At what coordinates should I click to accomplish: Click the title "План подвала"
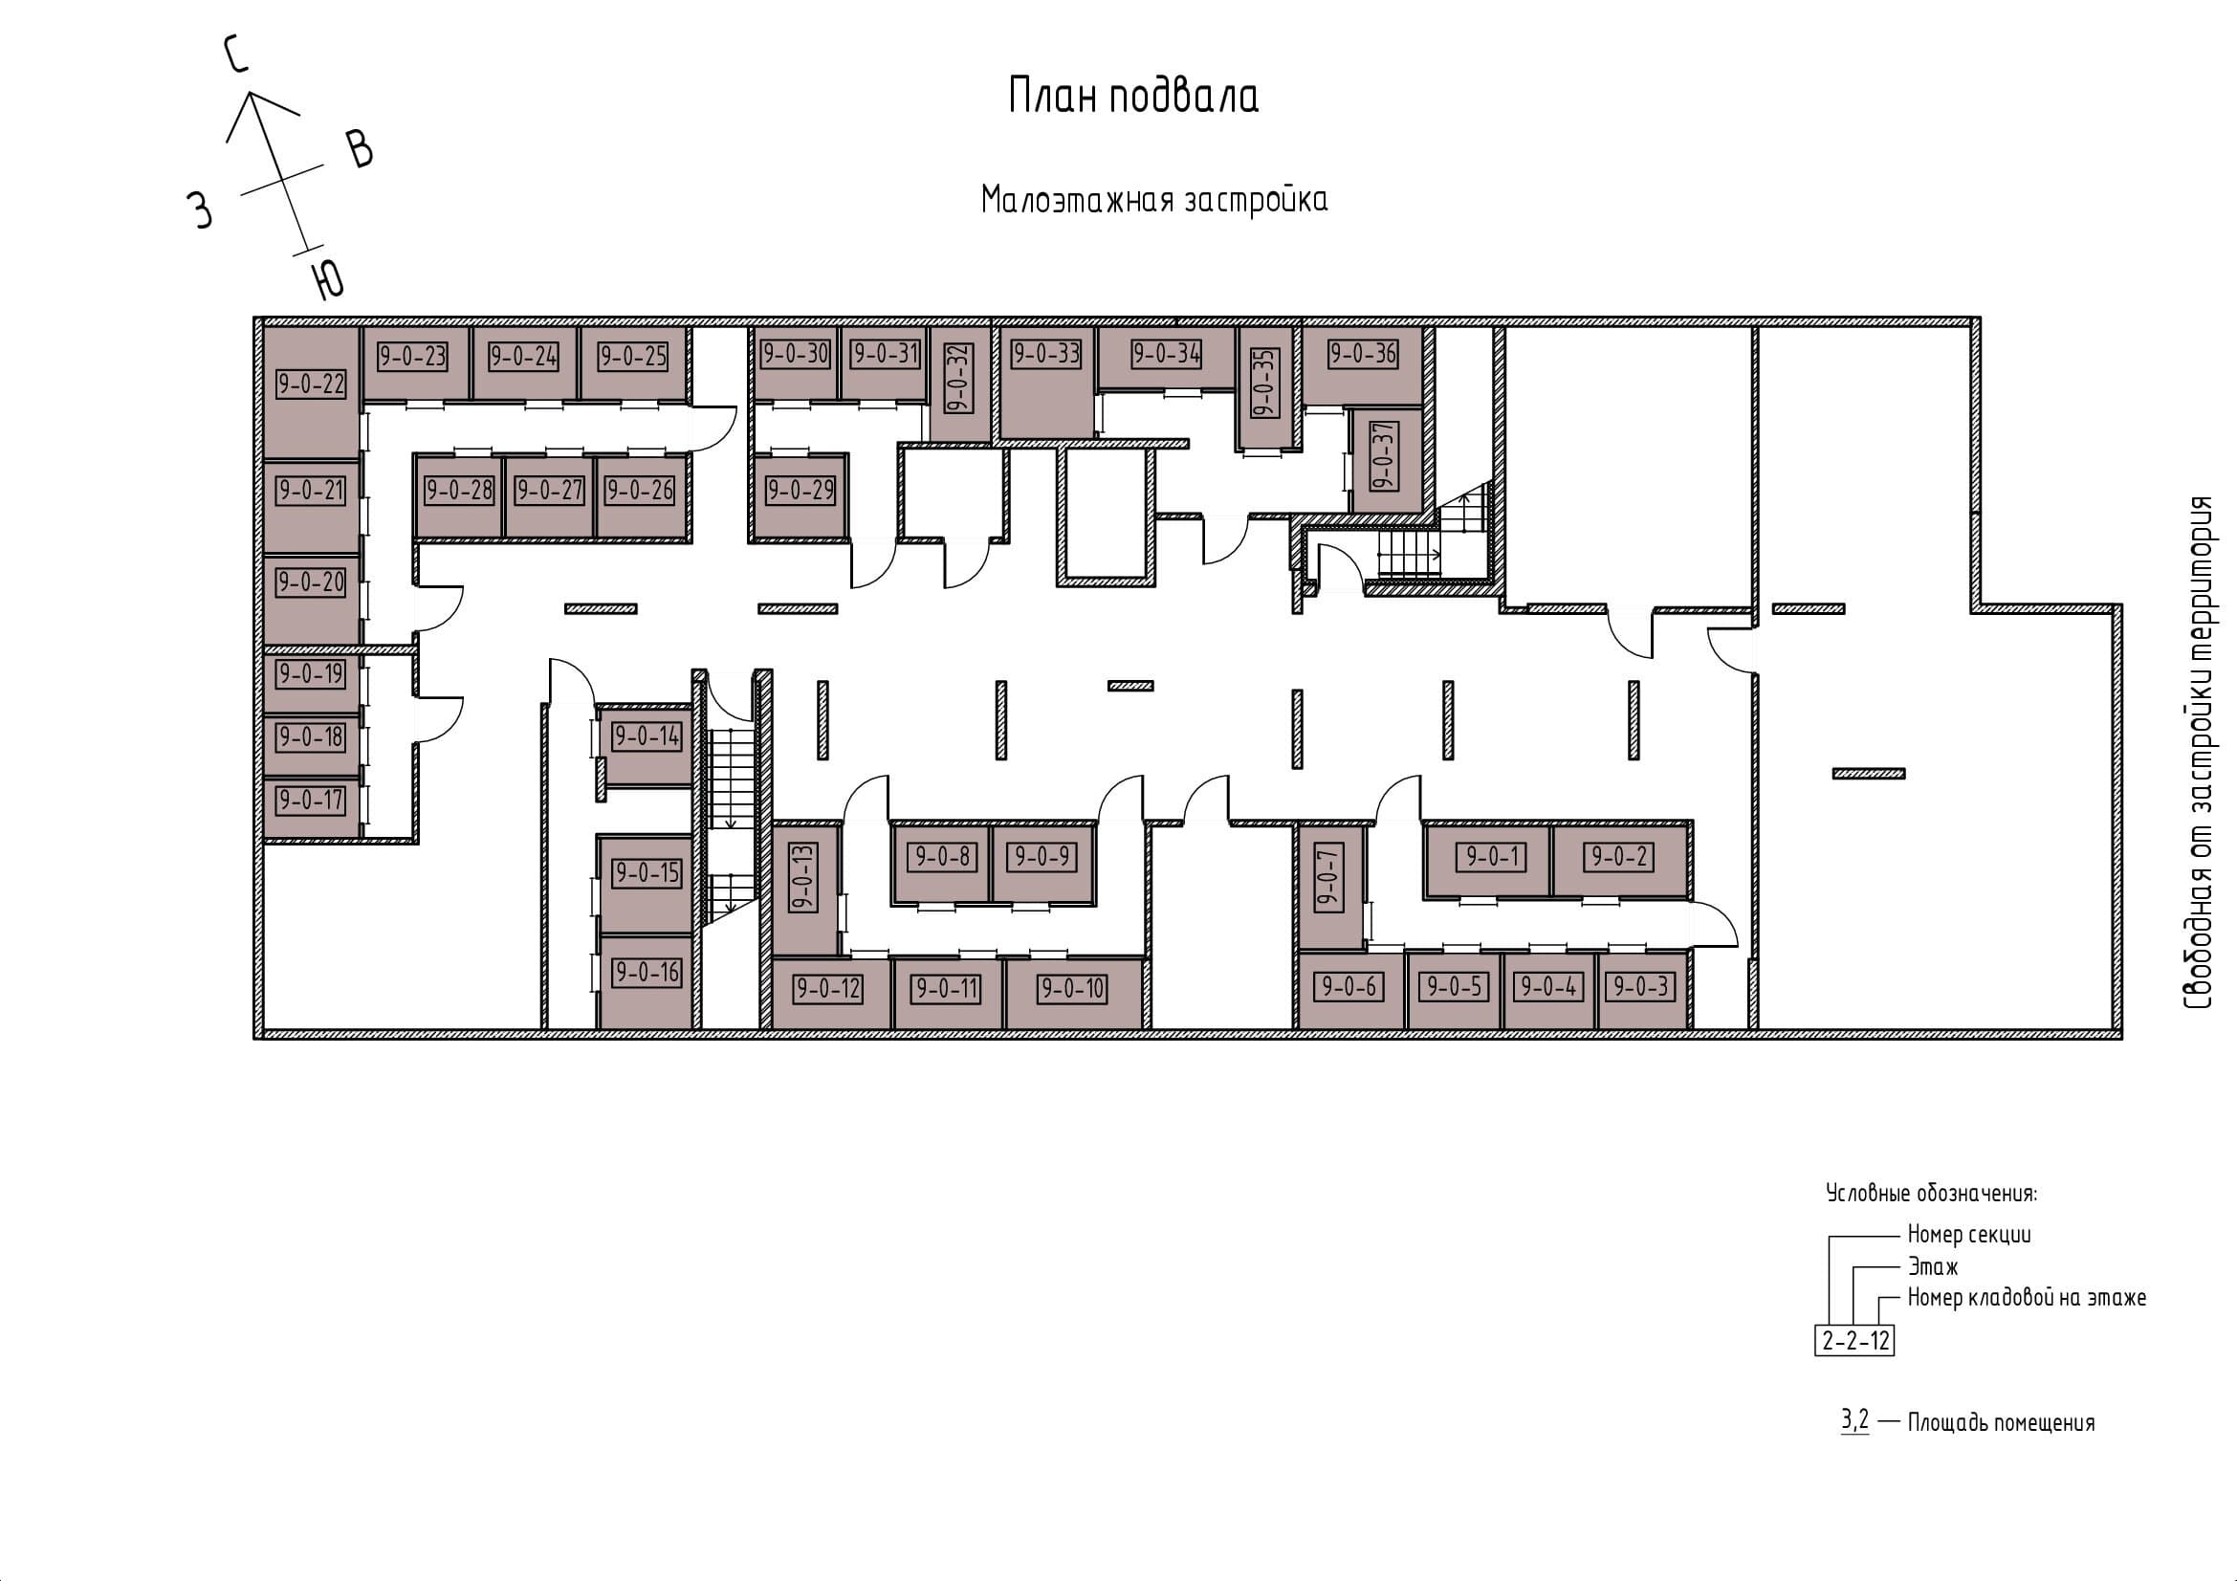coord(1133,98)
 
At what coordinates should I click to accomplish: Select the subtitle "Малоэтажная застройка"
coord(1154,199)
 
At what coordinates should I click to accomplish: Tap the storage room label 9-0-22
coord(311,384)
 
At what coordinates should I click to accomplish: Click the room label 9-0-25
coord(632,357)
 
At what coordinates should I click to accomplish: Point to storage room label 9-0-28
coord(459,490)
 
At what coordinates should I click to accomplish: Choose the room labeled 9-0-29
coord(800,490)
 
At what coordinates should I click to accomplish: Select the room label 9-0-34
coord(1166,354)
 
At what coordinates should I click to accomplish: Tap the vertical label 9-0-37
coord(1384,456)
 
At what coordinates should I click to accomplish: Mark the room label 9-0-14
coord(647,736)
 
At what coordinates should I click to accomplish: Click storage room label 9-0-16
coord(647,971)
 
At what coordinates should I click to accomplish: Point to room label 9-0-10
coord(1072,989)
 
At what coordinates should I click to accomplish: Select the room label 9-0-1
coord(1491,857)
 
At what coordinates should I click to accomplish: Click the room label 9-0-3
coord(1642,987)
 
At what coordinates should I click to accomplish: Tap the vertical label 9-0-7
coord(1329,878)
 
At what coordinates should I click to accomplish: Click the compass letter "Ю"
coord(328,278)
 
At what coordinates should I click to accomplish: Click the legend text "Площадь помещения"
coord(2001,1423)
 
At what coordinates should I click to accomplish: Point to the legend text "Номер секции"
coord(1969,1234)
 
